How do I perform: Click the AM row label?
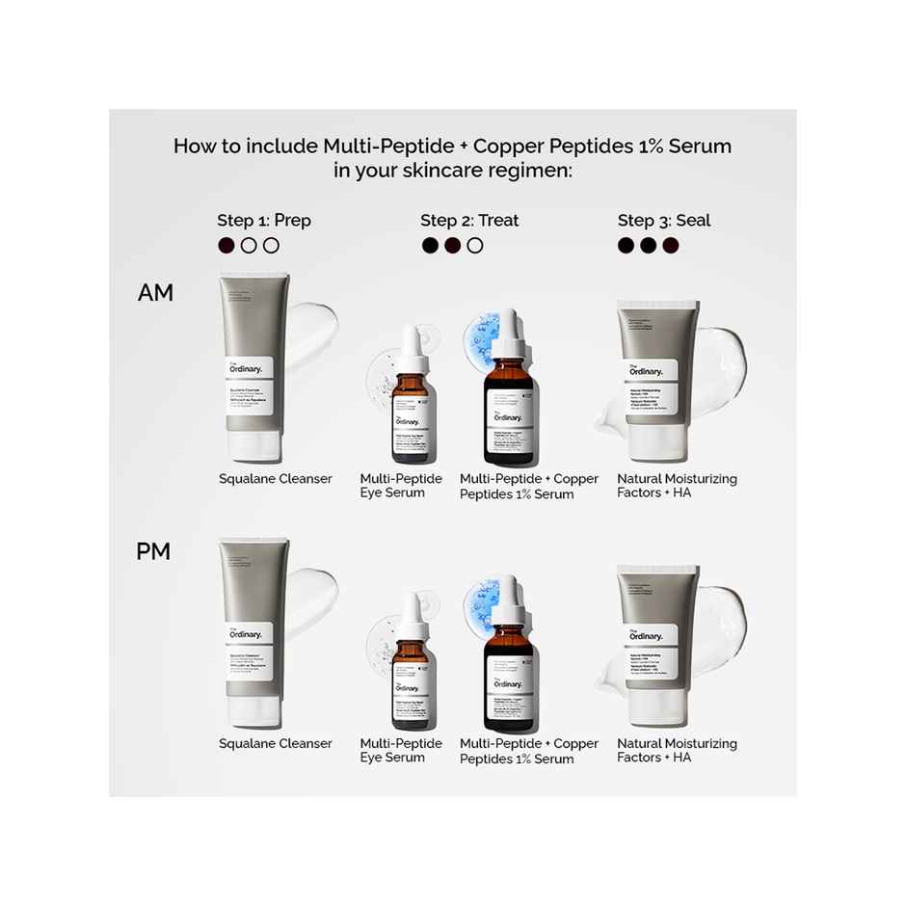point(155,292)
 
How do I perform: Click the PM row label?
point(153,551)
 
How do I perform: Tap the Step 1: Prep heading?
point(263,221)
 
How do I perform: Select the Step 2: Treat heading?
point(469,221)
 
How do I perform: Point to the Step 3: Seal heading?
point(664,221)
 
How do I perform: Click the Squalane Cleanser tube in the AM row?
point(253,366)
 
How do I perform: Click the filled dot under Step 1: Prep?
point(226,246)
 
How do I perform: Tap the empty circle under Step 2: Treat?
point(474,246)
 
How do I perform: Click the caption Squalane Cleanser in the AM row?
point(276,479)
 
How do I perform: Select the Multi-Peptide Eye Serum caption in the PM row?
point(401,751)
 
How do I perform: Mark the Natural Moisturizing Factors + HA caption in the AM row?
point(677,486)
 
